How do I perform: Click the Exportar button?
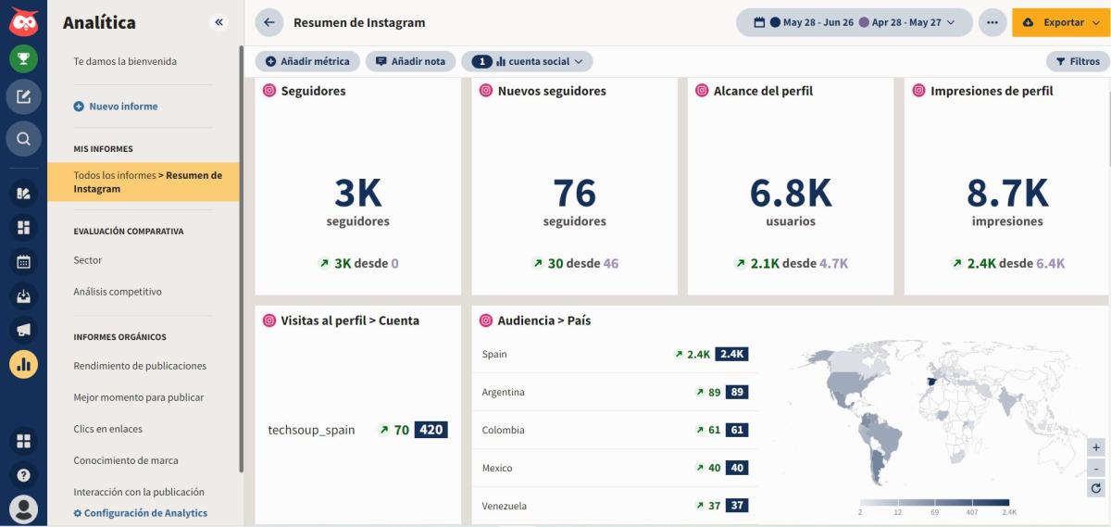[x=1060, y=22]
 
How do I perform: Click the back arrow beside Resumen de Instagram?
[x=269, y=22]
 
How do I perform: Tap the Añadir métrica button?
[x=307, y=61]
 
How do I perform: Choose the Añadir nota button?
[x=410, y=61]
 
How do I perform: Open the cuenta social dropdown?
[x=527, y=61]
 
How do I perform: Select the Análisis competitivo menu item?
[x=118, y=292]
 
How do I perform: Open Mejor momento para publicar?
[x=138, y=397]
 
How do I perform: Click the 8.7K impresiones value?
[x=1006, y=193]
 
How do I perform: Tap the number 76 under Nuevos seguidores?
[x=574, y=193]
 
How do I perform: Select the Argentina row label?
[x=503, y=392]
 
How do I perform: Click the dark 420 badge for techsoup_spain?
[x=431, y=430]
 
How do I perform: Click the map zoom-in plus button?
[x=1096, y=447]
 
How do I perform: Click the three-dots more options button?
[x=992, y=22]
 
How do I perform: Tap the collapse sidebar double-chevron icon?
[x=218, y=22]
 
